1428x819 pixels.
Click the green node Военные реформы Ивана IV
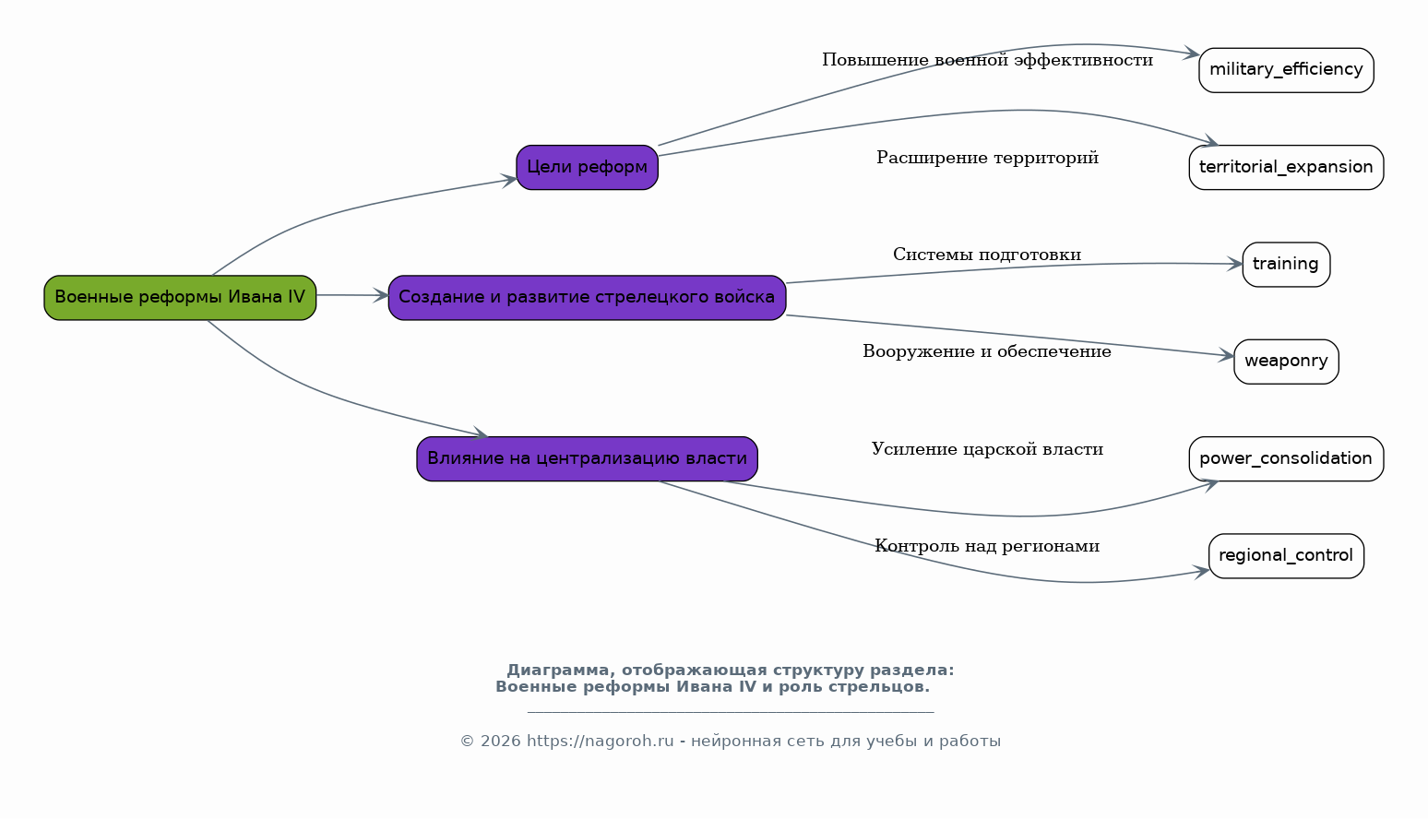tap(180, 298)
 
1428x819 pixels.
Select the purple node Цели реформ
tap(587, 168)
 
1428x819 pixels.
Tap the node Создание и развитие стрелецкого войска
tap(587, 298)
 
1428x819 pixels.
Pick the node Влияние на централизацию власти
tap(587, 459)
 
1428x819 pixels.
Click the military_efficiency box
tap(1286, 70)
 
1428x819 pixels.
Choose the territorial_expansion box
tap(1286, 168)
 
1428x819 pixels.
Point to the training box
tap(1286, 265)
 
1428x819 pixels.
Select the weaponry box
tap(1286, 362)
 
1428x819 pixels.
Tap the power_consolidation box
tap(1286, 459)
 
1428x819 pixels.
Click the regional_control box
tap(1286, 556)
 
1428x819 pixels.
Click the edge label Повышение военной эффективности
tap(987, 60)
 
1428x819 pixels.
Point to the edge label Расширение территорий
tap(987, 158)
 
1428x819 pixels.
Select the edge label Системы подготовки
tap(987, 255)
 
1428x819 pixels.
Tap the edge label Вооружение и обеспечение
tap(987, 351)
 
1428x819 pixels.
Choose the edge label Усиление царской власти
tap(987, 448)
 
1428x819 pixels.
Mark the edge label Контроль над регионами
tap(987, 546)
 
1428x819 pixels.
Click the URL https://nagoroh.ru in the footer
tap(600, 742)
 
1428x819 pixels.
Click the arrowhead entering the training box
tap(1235, 264)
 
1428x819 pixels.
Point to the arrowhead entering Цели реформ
tap(508, 181)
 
